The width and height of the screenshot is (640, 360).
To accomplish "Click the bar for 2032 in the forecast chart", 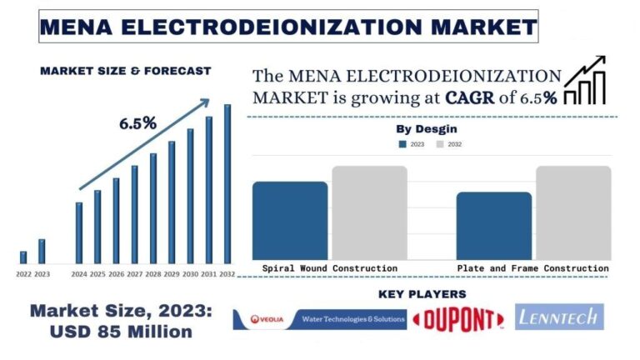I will (x=227, y=183).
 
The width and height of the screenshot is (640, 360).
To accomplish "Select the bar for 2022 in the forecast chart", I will (x=23, y=257).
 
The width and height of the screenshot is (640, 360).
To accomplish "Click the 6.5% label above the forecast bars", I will (x=137, y=123).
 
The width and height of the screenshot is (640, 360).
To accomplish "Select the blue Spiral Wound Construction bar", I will (x=290, y=220).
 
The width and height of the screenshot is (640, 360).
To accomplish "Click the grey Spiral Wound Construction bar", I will (x=369, y=212).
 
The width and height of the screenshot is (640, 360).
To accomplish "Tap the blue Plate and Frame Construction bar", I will (x=493, y=226).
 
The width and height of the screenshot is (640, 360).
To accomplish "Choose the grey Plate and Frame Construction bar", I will (x=572, y=212).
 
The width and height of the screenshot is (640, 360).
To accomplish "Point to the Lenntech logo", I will (x=559, y=317).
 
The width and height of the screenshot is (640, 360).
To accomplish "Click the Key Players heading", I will (x=422, y=294).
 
